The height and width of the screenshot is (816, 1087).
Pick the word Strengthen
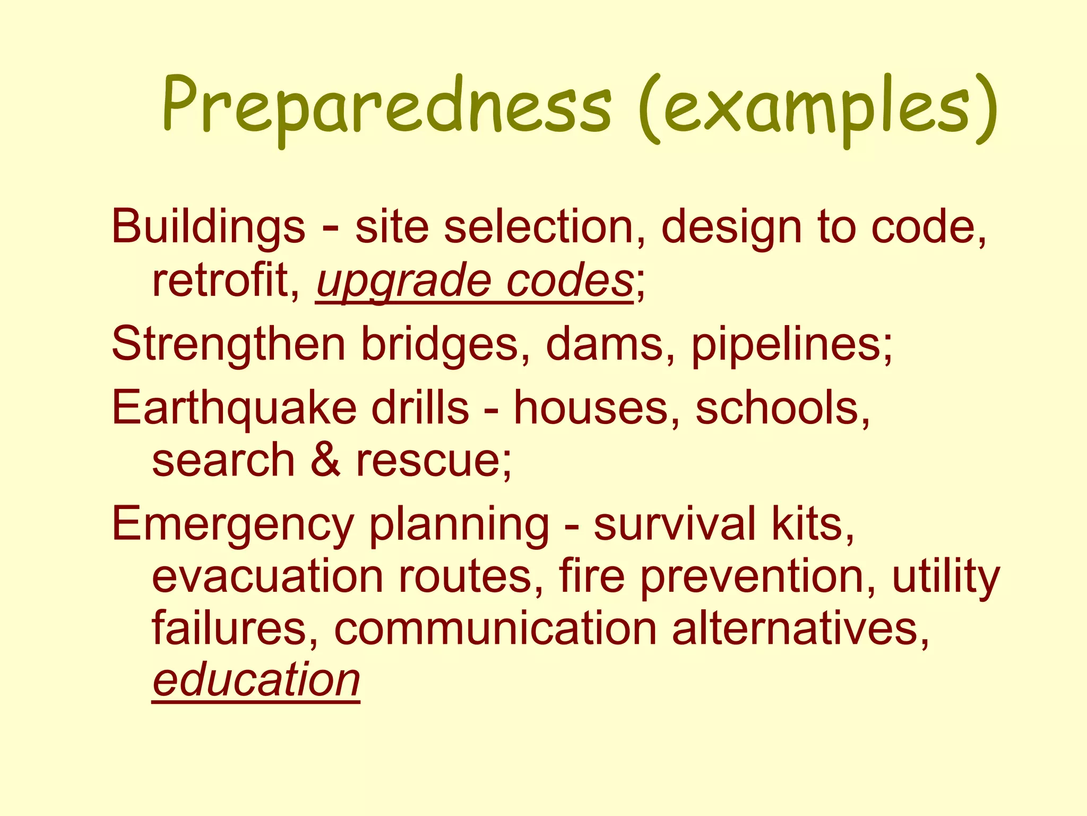pos(228,345)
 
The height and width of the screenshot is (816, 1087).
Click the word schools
pos(782,408)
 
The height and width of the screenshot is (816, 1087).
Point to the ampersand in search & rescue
pos(325,460)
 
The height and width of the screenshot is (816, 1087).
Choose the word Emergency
pos(232,525)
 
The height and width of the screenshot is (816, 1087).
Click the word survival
pos(674,524)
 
